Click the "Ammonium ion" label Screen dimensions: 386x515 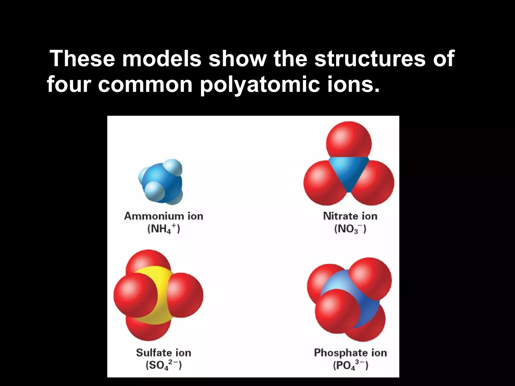coord(164,216)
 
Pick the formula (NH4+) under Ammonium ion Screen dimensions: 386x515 coord(164,229)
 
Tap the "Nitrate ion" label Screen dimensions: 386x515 coord(350,216)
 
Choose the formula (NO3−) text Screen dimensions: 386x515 coord(350,229)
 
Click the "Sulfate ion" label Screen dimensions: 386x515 coord(164,353)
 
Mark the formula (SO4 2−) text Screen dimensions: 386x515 coord(164,365)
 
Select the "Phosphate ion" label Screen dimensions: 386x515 coord(350,353)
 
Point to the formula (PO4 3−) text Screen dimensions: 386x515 coord(350,365)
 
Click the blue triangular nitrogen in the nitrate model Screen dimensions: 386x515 coord(349,171)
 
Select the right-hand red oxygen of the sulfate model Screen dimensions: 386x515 coord(186,294)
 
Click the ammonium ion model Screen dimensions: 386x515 coord(161,181)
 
